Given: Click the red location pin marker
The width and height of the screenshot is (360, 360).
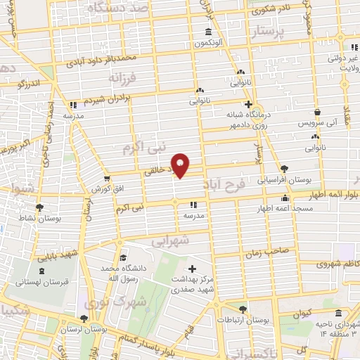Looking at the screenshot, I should (182, 164).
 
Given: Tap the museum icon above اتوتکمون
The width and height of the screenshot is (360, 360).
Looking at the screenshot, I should (207, 32).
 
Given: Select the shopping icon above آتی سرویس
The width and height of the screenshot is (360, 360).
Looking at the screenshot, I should (318, 112).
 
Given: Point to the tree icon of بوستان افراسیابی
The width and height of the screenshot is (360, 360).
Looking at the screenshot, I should (284, 169).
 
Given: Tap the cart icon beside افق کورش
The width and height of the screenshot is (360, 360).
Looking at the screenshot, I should (106, 179).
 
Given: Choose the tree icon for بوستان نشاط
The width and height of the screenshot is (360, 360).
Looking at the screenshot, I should (39, 207).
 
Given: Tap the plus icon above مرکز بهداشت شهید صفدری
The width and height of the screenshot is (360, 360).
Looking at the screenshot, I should (193, 268).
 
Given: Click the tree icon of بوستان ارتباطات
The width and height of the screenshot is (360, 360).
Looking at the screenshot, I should (243, 309).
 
